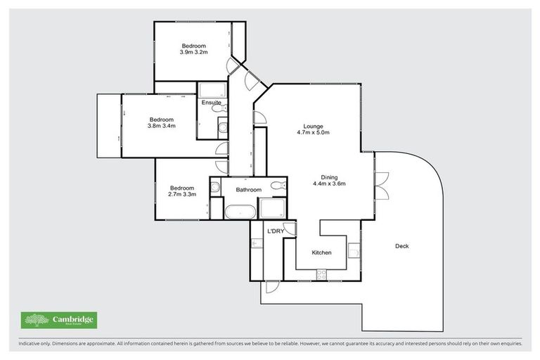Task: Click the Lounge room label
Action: tap(309, 125)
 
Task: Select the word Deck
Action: tap(401, 246)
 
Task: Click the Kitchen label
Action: tap(321, 252)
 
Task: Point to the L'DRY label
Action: tap(274, 231)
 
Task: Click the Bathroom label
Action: tap(248, 190)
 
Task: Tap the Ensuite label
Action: tap(211, 103)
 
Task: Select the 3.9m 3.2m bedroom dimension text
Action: tap(193, 53)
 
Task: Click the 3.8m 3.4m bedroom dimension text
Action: tap(161, 127)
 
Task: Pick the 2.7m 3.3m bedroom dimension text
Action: tap(181, 195)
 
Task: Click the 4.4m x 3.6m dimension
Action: tap(329, 184)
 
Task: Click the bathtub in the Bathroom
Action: tap(240, 211)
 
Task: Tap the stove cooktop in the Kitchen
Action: tap(322, 276)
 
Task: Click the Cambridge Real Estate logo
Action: tap(59, 320)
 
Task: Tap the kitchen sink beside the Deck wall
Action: tap(354, 249)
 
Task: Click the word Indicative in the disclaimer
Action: tap(29, 344)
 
